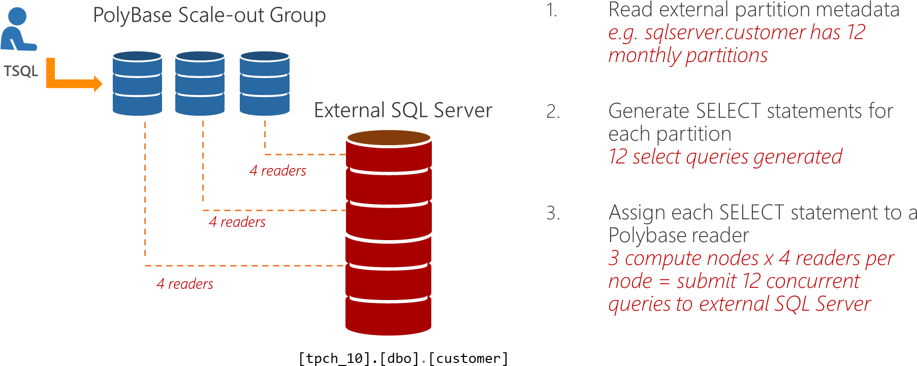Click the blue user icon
(18, 29)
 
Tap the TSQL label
(21, 71)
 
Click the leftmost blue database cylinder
(137, 83)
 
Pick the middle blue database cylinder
(200, 83)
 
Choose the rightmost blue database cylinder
(264, 83)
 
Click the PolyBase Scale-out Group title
(209, 16)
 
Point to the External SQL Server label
(403, 111)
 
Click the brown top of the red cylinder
(389, 137)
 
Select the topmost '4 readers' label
(278, 171)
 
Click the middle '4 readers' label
(237, 222)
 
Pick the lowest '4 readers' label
(185, 284)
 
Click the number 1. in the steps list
(552, 10)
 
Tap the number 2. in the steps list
(553, 112)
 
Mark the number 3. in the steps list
(553, 213)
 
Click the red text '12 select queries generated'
(725, 157)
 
